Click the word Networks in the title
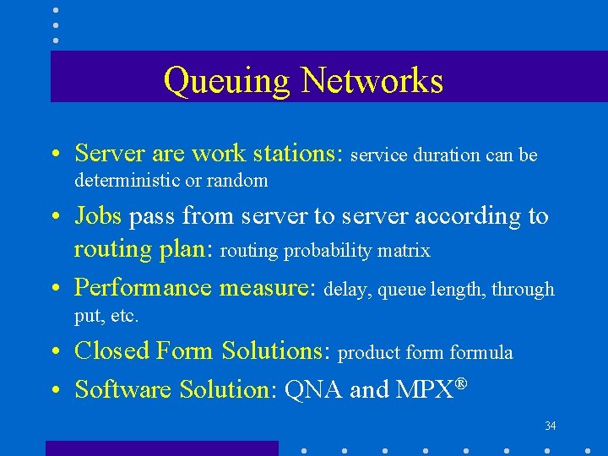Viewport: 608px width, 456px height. click(x=372, y=80)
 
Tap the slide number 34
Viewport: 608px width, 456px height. click(x=551, y=426)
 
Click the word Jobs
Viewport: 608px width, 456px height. click(x=98, y=216)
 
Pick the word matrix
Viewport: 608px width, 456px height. click(x=407, y=251)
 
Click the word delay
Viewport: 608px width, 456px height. click(x=346, y=290)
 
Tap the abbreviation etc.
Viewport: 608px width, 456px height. click(x=125, y=317)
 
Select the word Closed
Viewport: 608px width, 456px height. click(x=111, y=350)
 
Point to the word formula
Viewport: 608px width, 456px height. click(x=481, y=352)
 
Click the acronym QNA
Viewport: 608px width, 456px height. click(x=314, y=389)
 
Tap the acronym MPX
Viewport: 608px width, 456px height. click(x=421, y=389)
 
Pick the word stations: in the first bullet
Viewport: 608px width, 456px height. click(x=296, y=153)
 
